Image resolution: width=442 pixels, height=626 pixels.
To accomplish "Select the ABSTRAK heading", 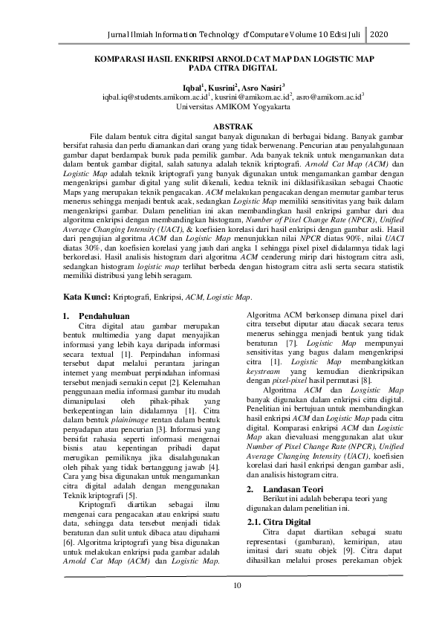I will (x=221, y=128).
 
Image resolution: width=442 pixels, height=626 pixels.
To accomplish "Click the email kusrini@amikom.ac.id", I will (x=253, y=97).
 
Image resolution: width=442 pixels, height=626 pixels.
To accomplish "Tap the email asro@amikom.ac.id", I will (x=330, y=97).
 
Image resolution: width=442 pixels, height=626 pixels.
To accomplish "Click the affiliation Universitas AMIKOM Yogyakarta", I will (x=221, y=106).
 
